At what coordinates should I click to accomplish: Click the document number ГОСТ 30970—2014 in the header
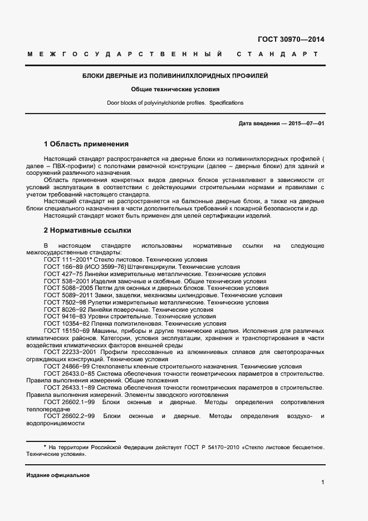[x=290, y=40]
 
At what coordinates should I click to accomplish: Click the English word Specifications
[x=226, y=103]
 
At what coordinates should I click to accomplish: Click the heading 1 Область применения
[x=86, y=144]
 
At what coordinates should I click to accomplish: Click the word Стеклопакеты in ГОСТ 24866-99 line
[x=114, y=367]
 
